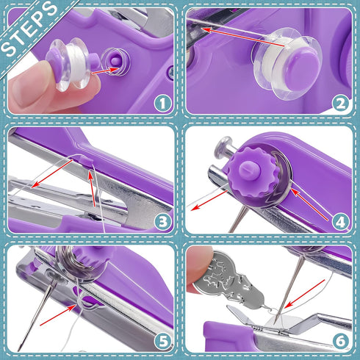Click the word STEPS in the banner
coord(29,29)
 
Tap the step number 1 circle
coord(159,102)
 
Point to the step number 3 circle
coord(163,220)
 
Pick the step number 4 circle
coord(340,220)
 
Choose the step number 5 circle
coord(163,339)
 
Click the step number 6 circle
coord(340,339)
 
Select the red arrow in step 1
coord(99,70)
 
